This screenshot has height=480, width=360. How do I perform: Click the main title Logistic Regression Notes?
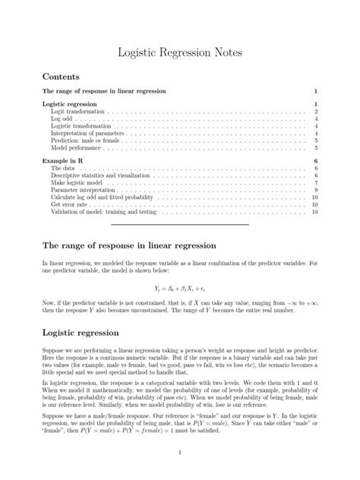coord(179,52)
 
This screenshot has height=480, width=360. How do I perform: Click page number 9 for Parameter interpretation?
coord(314,191)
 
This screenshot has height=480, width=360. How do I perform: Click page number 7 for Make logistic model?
coord(314,183)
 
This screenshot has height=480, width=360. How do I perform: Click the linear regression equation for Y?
coord(179,289)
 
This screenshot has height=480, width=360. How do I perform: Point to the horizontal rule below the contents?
coord(179,225)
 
